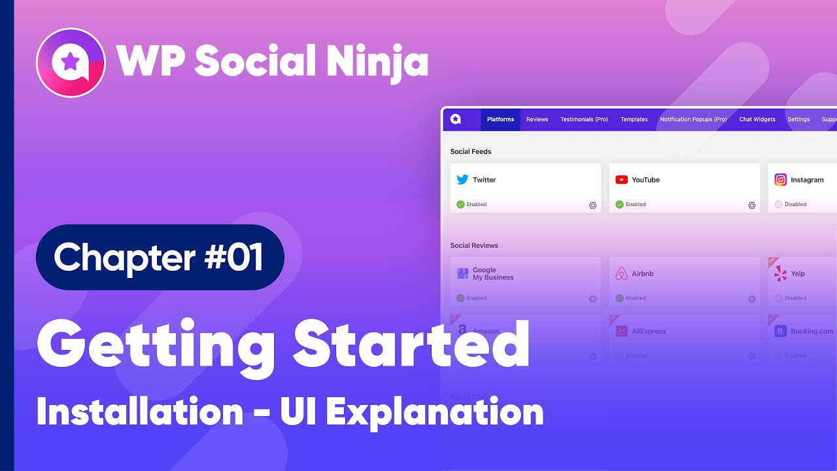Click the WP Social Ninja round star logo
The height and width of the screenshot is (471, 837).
point(71,63)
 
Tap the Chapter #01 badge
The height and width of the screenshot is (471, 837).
point(160,257)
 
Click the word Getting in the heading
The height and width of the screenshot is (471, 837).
point(156,345)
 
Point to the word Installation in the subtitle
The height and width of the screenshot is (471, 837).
point(140,412)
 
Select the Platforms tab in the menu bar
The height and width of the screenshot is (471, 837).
point(500,120)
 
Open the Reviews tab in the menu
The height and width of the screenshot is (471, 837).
point(537,120)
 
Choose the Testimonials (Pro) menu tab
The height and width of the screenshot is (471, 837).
point(584,120)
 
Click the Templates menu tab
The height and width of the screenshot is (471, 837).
point(634,120)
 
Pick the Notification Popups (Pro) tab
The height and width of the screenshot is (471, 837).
point(693,120)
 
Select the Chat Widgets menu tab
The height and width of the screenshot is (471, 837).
point(757,120)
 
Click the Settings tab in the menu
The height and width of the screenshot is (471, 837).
point(798,120)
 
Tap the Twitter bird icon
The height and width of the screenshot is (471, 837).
point(462,180)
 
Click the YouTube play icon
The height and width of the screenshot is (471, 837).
point(621,180)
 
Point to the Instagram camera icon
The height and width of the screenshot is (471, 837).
point(780,180)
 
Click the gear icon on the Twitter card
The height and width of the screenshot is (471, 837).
point(592,205)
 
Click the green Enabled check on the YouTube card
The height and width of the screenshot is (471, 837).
point(619,205)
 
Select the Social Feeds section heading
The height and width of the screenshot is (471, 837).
point(470,152)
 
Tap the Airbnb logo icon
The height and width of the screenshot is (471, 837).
point(621,273)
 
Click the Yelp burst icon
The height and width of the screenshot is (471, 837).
point(780,273)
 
